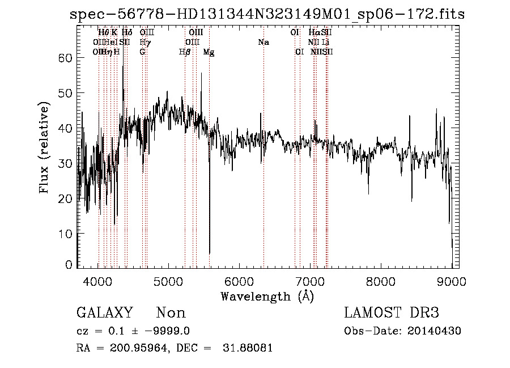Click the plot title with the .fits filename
[267, 14]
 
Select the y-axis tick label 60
[66, 58]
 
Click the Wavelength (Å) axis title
[267, 295]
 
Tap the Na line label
[263, 42]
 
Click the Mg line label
[209, 52]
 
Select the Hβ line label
[184, 52]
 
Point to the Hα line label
[314, 32]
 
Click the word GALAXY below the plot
[104, 313]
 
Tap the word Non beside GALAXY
[171, 313]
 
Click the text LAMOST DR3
[392, 313]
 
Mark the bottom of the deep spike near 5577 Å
[210, 253]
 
